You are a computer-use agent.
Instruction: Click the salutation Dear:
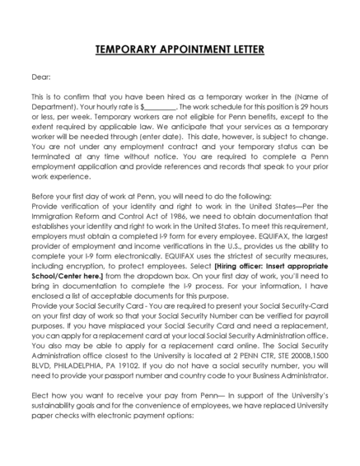pyautogui.click(x=40, y=77)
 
